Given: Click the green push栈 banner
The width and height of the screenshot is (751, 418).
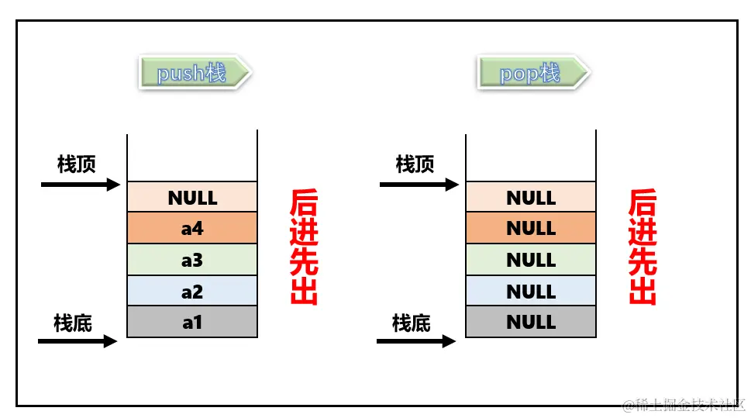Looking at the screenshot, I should click(193, 74).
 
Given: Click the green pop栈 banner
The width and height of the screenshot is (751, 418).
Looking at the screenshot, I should click(532, 74).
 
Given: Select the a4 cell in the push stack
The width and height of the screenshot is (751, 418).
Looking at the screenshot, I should click(192, 229).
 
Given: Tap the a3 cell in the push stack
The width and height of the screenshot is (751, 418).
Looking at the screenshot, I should click(192, 260).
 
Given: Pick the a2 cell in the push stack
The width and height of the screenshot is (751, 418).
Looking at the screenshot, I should click(192, 291).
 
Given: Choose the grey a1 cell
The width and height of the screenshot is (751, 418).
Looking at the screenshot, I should click(192, 322).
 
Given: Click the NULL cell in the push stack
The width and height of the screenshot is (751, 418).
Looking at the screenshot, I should click(192, 198).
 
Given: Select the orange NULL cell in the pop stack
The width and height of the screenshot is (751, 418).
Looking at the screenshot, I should click(531, 229).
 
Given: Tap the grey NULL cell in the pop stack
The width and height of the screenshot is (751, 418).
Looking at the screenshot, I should click(531, 322).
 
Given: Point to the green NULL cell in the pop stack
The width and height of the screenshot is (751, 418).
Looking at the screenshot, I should click(531, 260).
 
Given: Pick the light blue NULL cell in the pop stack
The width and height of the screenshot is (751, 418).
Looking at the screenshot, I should click(531, 291).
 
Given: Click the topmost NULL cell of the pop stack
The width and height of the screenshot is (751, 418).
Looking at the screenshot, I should click(531, 198).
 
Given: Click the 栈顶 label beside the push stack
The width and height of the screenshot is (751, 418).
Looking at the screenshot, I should click(77, 164).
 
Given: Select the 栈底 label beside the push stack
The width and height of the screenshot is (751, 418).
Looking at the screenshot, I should click(73, 322).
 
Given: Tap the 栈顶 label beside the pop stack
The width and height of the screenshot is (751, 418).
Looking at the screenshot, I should click(415, 164).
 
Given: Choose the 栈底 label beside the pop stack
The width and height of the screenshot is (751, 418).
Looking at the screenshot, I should click(412, 322).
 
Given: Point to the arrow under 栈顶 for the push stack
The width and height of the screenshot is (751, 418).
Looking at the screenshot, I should click(81, 185).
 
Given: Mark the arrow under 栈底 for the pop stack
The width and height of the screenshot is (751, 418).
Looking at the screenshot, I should click(416, 340).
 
